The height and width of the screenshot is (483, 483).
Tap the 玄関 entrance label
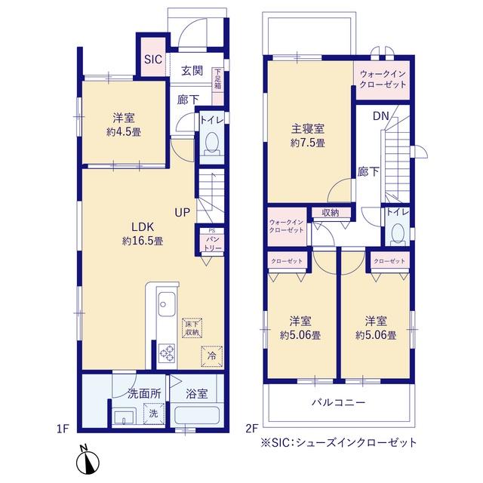(192, 71)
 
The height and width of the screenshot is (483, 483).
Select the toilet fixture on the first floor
(211, 143)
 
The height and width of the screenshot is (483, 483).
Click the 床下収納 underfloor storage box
(191, 327)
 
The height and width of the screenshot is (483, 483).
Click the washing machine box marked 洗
(152, 414)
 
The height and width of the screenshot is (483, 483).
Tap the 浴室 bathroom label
(198, 392)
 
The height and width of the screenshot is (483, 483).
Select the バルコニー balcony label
(338, 402)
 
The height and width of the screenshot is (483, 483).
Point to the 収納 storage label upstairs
(330, 213)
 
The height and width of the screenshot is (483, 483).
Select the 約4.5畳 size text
(125, 131)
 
